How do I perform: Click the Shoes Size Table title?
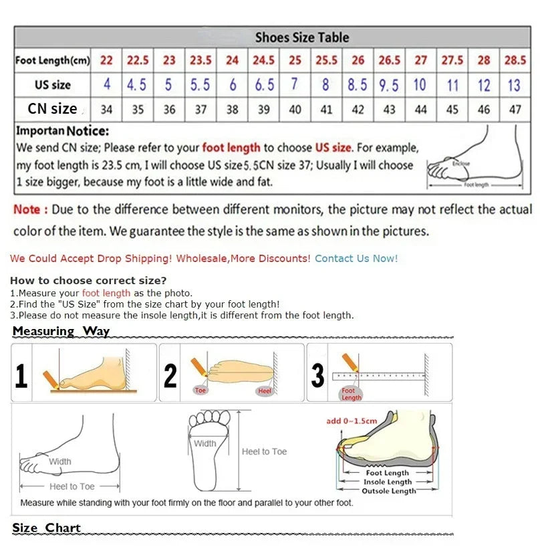click(301, 37)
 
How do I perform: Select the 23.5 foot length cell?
click(200, 60)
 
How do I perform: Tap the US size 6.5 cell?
click(264, 85)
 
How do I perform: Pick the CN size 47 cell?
click(515, 110)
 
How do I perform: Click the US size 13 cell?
click(514, 85)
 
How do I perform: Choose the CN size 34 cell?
click(106, 110)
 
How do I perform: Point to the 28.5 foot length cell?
click(515, 60)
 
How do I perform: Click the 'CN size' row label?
click(52, 109)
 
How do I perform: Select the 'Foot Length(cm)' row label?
click(52, 61)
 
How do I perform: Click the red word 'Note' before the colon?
click(27, 210)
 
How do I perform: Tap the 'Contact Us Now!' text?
click(356, 258)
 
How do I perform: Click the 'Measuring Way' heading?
click(61, 331)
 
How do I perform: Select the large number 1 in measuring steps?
click(21, 376)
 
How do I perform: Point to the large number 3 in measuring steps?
click(318, 376)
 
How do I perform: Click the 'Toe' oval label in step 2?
click(200, 390)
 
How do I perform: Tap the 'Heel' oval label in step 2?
click(265, 391)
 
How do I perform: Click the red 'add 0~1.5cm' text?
click(352, 421)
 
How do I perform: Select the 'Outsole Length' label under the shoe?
click(388, 491)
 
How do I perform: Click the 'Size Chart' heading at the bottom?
click(46, 528)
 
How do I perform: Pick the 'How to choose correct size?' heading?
click(88, 280)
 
